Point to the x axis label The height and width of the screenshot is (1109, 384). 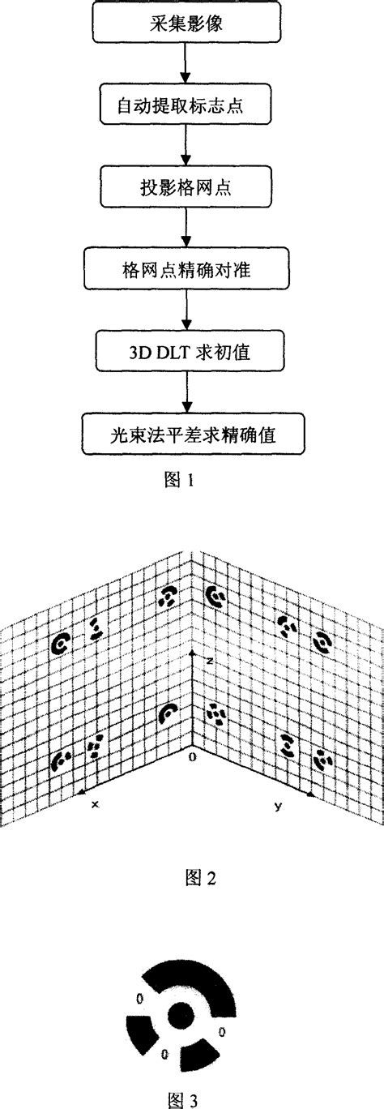[x=95, y=805]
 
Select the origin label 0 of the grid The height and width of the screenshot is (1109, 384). [x=191, y=757]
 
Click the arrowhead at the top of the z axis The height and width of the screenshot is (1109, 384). [x=190, y=653]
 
